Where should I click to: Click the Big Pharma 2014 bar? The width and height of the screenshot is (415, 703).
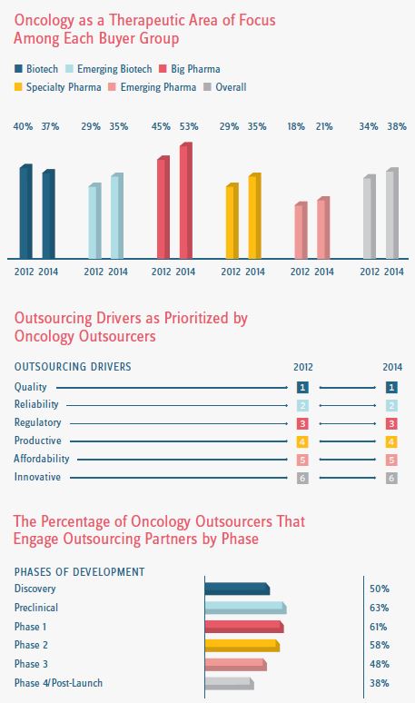click(186, 201)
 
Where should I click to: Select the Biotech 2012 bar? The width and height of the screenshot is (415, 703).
click(26, 212)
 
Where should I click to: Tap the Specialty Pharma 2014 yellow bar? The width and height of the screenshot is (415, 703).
click(255, 215)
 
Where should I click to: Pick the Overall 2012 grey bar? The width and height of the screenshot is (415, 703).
click(370, 216)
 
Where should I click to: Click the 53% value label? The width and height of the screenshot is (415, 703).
click(189, 127)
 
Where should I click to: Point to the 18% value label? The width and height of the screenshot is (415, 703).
click(296, 127)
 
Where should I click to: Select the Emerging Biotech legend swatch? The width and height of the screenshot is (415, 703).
click(69, 69)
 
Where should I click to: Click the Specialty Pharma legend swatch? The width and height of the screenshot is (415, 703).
click(18, 87)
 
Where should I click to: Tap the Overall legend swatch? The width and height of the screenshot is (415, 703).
click(207, 87)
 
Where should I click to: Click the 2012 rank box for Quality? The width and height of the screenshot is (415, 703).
click(302, 387)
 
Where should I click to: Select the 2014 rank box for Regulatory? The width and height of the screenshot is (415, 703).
click(391, 423)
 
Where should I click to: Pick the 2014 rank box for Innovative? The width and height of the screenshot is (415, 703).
click(391, 478)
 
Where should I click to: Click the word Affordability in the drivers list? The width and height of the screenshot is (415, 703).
click(42, 459)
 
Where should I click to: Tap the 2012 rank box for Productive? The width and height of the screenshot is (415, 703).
click(302, 442)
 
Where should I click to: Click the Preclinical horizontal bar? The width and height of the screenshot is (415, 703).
click(245, 608)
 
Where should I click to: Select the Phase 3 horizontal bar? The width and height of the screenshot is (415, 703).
click(236, 665)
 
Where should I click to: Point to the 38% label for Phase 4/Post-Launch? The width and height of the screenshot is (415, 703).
click(380, 683)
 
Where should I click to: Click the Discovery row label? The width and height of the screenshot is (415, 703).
click(35, 589)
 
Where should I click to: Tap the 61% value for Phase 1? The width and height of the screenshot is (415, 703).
click(379, 627)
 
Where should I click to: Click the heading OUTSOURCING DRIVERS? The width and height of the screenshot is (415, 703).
click(73, 367)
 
